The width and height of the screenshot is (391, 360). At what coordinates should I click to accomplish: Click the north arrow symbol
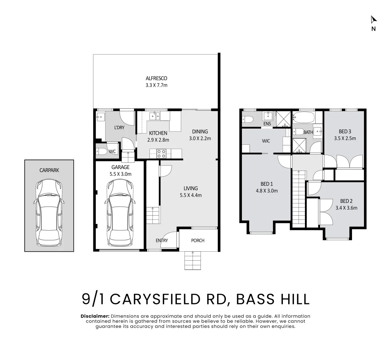[374, 19]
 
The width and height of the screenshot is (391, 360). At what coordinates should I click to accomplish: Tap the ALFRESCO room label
[156, 78]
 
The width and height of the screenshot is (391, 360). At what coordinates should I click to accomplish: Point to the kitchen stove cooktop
[161, 153]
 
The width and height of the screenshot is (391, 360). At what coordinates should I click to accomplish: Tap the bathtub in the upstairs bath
[304, 117]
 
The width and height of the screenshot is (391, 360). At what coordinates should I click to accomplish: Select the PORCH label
[198, 240]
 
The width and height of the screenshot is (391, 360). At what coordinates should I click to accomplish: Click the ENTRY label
[161, 240]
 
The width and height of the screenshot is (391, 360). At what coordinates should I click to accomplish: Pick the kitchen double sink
[154, 116]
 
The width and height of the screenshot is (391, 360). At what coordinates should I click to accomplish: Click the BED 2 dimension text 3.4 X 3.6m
[346, 208]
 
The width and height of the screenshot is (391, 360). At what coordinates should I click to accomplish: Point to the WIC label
[266, 141]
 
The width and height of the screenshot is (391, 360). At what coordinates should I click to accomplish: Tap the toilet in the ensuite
[247, 119]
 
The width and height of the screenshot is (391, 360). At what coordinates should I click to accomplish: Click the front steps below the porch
[192, 260]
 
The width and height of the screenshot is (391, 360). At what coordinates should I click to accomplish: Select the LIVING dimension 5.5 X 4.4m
[191, 195]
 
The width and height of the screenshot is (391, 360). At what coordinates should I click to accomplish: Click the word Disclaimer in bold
[95, 316]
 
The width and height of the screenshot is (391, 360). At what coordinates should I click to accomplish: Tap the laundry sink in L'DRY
[101, 117]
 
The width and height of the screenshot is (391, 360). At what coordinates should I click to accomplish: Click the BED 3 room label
[345, 132]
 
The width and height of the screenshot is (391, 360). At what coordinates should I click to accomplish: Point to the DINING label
[200, 132]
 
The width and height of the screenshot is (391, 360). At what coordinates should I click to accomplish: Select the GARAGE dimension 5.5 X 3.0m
[120, 174]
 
